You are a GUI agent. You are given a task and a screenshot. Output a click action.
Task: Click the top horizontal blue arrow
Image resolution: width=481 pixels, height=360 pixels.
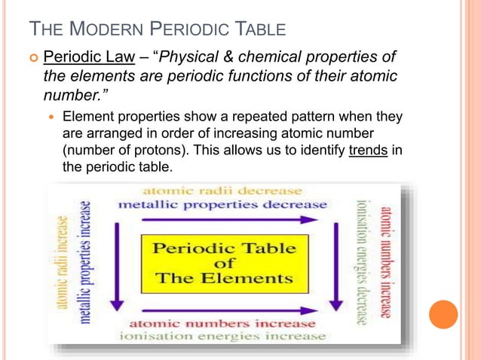coord(229,220)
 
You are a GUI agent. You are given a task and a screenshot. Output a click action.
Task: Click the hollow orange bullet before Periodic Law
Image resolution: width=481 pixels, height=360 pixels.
coord(32,58)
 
